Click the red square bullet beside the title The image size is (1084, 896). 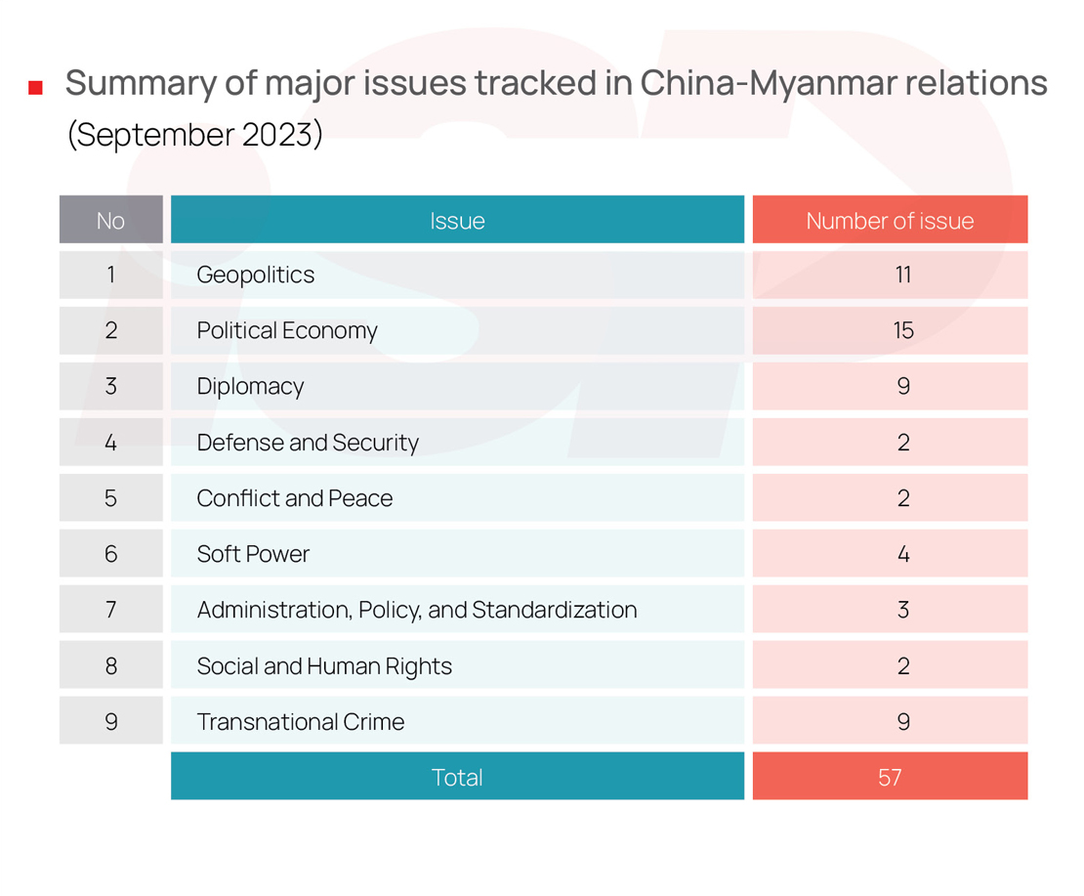tap(36, 88)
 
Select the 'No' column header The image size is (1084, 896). tap(110, 220)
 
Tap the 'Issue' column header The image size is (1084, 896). tap(457, 220)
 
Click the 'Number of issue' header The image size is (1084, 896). tap(890, 220)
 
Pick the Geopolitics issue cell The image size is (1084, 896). tap(256, 275)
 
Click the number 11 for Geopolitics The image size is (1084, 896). tap(902, 275)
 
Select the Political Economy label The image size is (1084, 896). tap(287, 330)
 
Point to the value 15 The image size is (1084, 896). tap(902, 330)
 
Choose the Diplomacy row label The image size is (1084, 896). tap(250, 386)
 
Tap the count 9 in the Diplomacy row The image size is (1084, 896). tap(902, 386)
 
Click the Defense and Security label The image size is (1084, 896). tap(308, 443)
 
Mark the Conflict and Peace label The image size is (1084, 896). tap(295, 498)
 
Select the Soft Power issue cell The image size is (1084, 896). tap(253, 554)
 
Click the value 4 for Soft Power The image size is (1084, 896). tap(902, 554)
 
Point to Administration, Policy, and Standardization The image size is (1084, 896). tap(417, 610)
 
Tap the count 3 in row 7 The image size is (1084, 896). tap(902, 610)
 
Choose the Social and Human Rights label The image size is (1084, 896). tap(324, 666)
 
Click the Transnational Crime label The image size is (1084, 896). tap(301, 722)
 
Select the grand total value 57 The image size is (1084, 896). tap(890, 778)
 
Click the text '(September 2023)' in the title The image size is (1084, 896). tap(194, 134)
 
